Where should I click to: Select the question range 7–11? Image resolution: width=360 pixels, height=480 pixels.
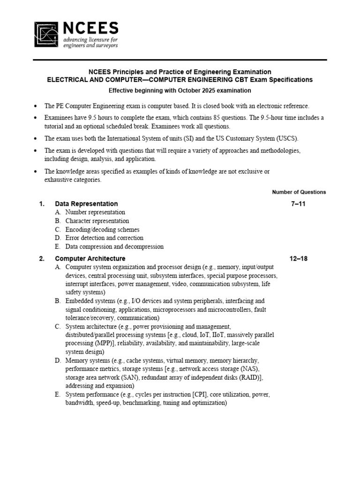coord(299,204)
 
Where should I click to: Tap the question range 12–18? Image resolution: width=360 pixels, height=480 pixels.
coord(299,259)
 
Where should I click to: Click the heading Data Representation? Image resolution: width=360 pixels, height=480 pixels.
coord(86,204)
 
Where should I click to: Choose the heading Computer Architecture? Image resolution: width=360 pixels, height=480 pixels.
coord(90,259)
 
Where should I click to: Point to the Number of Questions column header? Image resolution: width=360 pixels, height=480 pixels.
coord(299,192)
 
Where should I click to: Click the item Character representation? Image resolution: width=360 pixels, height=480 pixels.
coord(97,221)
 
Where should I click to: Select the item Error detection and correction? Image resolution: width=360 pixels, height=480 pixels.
coord(104,238)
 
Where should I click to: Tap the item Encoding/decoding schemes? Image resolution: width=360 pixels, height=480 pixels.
coord(102,230)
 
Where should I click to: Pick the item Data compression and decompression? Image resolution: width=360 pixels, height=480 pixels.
coord(114,247)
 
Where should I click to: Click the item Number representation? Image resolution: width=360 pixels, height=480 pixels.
coord(95,212)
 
